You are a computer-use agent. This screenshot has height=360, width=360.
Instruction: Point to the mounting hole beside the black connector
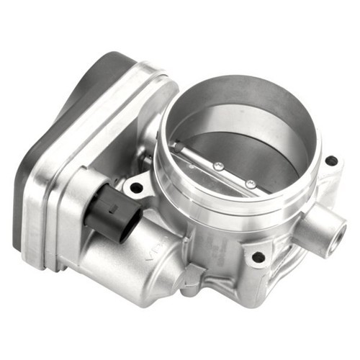136,188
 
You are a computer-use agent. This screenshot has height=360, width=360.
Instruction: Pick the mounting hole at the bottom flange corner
258,256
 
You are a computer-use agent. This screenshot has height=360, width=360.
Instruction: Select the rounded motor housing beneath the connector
137,252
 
